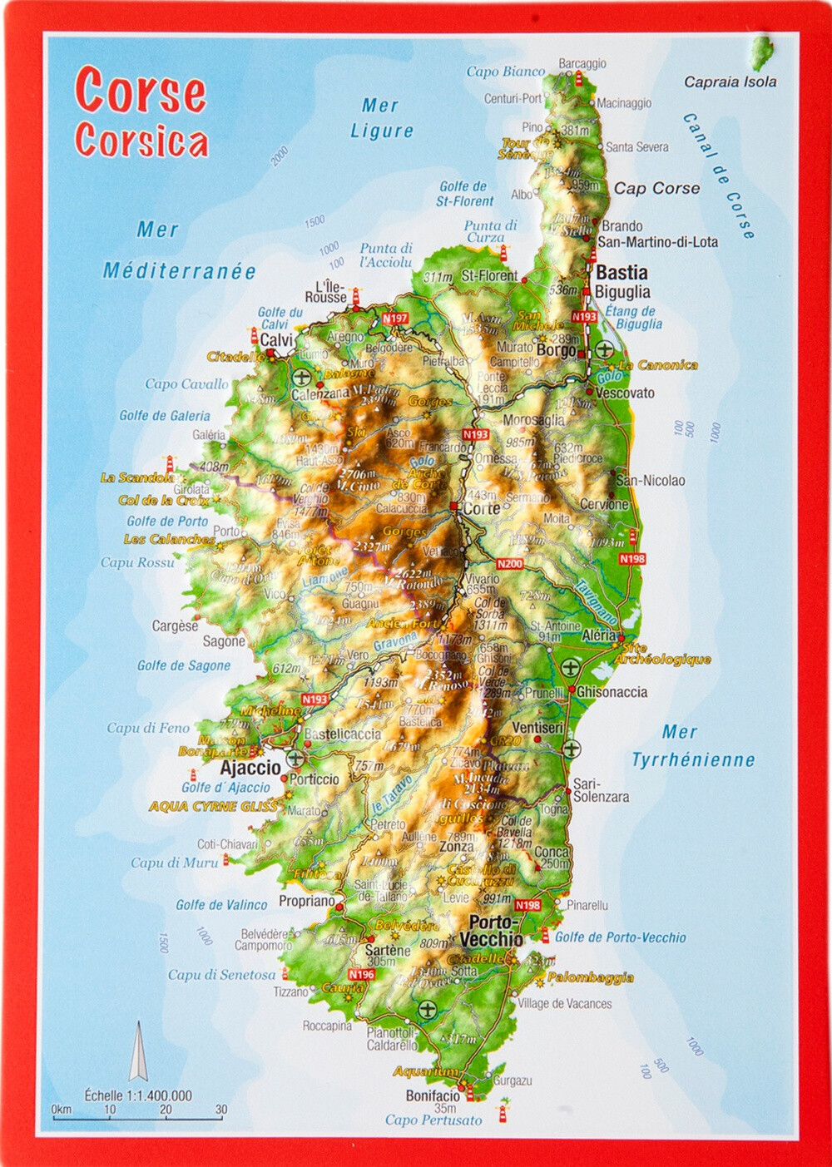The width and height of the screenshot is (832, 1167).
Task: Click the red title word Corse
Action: coord(140,91)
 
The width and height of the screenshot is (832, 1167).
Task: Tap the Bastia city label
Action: coord(622,272)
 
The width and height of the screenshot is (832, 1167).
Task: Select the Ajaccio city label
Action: coord(250,768)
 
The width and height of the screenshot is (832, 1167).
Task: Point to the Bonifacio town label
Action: coord(433,1095)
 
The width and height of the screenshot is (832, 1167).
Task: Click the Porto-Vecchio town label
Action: coord(492,931)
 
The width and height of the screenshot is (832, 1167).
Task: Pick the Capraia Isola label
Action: coord(730,82)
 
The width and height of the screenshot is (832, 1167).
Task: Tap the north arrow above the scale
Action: coord(137,1052)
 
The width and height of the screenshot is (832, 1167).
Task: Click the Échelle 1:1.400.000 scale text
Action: coord(138,1095)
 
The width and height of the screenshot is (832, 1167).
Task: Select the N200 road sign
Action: coord(509,564)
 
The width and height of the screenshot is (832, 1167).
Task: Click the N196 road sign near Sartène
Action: coord(361,974)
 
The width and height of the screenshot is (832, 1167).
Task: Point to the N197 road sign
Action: coord(394,319)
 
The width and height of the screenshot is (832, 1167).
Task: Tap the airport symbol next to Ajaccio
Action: coord(295,759)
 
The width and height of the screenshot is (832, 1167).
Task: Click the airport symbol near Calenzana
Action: coord(301,378)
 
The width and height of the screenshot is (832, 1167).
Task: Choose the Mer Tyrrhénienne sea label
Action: coord(692,746)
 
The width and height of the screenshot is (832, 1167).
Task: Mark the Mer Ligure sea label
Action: coord(381,118)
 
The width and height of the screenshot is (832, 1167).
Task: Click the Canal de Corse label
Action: coord(719,176)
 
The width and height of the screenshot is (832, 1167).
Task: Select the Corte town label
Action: coord(481,508)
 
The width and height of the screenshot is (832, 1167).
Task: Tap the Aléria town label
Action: coord(599,635)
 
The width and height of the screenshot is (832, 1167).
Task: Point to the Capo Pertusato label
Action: coord(433,1120)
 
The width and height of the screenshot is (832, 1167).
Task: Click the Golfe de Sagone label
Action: coord(184,665)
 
